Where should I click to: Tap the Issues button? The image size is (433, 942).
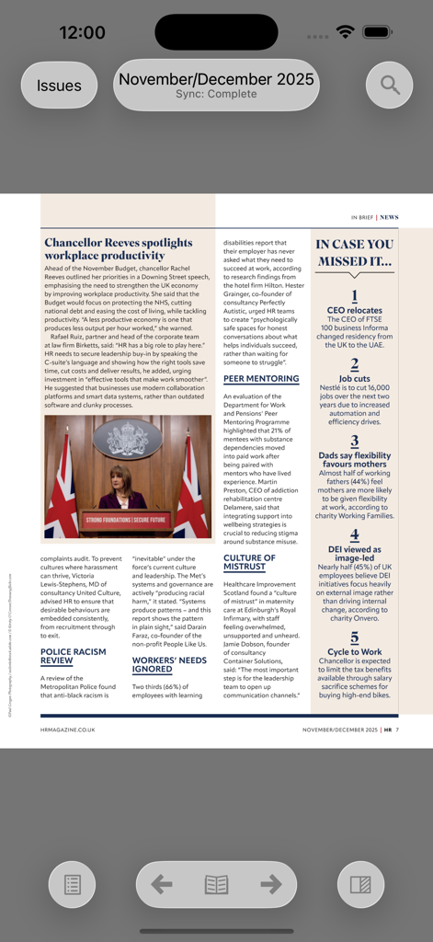(x=59, y=86)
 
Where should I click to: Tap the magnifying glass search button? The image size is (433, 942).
(x=390, y=86)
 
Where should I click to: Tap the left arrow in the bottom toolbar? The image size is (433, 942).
(x=162, y=884)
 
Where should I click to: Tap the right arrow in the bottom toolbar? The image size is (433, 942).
(x=271, y=884)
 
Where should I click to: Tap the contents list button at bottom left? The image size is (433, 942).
(x=72, y=884)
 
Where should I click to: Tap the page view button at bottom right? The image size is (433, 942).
(x=360, y=884)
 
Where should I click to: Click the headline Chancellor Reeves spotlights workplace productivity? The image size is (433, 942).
(x=119, y=249)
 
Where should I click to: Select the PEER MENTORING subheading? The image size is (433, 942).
(x=260, y=378)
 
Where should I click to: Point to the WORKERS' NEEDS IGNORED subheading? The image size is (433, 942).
(x=169, y=664)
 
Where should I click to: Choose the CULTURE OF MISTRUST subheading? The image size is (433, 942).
(x=249, y=563)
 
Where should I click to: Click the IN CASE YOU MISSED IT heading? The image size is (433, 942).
(x=354, y=252)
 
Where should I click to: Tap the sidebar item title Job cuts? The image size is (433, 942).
(x=354, y=378)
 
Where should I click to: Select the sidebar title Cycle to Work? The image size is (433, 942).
(x=354, y=651)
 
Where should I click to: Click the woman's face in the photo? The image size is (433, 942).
(x=120, y=477)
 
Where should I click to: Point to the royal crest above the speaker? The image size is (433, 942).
(x=127, y=440)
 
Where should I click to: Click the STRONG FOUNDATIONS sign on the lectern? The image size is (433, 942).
(x=127, y=520)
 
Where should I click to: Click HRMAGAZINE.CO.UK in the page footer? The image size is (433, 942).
(x=67, y=729)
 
